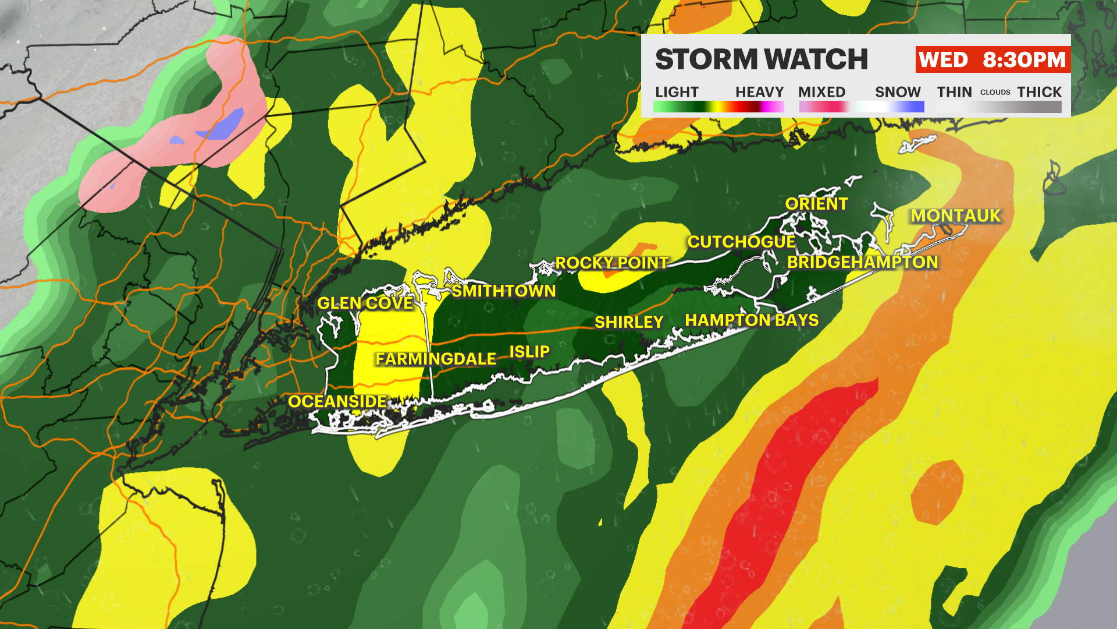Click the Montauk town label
click(x=955, y=215)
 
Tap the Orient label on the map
click(x=816, y=204)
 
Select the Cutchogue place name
click(x=741, y=242)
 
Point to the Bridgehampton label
click(x=862, y=262)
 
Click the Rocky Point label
click(x=611, y=263)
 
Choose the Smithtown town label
click(x=504, y=291)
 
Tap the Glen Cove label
click(x=365, y=303)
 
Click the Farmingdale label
click(x=436, y=359)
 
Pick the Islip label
click(x=529, y=352)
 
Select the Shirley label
click(x=629, y=322)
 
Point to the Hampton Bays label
click(x=752, y=320)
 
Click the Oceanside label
click(x=337, y=401)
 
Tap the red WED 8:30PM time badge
click(x=993, y=59)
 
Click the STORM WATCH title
click(x=762, y=59)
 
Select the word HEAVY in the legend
click(x=759, y=92)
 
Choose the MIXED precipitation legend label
click(x=821, y=92)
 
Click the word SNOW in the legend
click(x=898, y=92)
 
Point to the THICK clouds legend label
click(x=1039, y=92)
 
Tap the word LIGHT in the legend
click(x=677, y=92)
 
